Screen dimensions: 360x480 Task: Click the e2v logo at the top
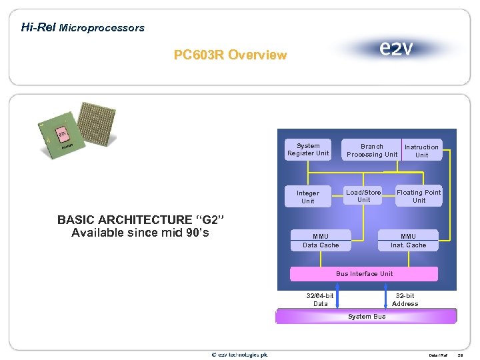tap(395, 49)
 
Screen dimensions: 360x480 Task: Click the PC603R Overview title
tap(230, 55)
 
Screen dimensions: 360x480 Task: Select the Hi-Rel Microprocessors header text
tap(83, 27)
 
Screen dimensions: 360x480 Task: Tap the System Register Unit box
tap(308, 150)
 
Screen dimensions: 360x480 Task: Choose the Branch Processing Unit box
tap(371, 151)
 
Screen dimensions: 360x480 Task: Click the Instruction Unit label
tap(421, 151)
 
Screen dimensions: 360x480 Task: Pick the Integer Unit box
tap(308, 197)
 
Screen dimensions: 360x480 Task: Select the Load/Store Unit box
tap(363, 196)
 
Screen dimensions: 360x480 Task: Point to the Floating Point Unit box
tap(419, 196)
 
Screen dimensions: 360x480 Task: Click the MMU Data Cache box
tap(321, 241)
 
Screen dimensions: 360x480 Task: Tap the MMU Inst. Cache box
tap(408, 241)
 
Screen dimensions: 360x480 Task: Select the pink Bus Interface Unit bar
tap(364, 274)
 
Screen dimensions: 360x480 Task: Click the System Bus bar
tap(367, 316)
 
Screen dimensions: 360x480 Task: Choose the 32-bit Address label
tap(405, 299)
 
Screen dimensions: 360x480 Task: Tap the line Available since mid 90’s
tap(139, 233)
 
